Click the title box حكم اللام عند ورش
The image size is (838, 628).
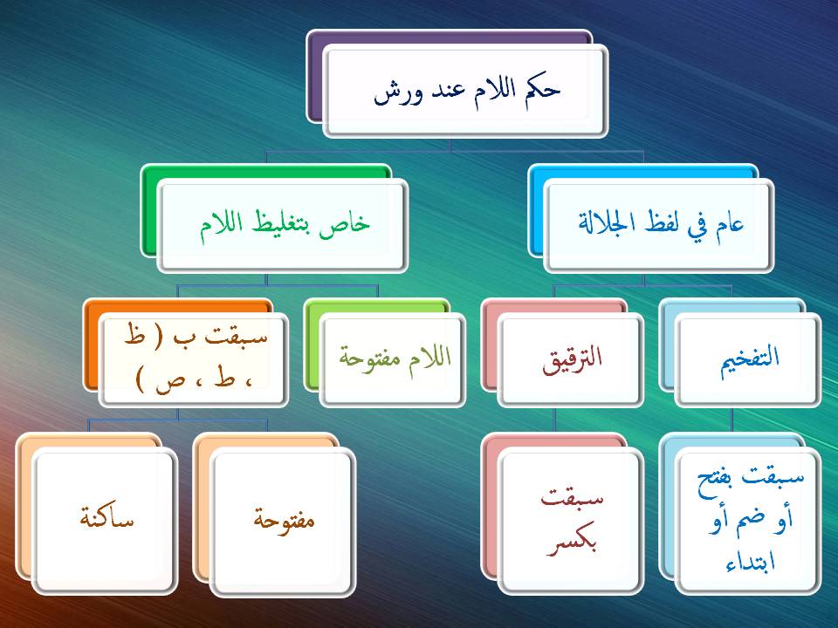pyautogui.click(x=465, y=92)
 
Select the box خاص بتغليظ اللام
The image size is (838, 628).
pyautogui.click(x=280, y=224)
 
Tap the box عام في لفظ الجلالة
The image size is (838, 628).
pyautogui.click(x=659, y=224)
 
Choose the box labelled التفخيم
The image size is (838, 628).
pyautogui.click(x=747, y=359)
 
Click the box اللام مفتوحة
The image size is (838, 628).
pyautogui.click(x=392, y=359)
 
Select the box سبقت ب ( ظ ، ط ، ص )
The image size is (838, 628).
pyautogui.click(x=194, y=359)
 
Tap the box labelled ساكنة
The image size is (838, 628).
pyautogui.click(x=106, y=521)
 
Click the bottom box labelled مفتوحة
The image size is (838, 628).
pyautogui.click(x=283, y=521)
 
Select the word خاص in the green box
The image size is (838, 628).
pyautogui.click(x=353, y=223)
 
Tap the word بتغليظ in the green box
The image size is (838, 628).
pyautogui.click(x=294, y=223)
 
